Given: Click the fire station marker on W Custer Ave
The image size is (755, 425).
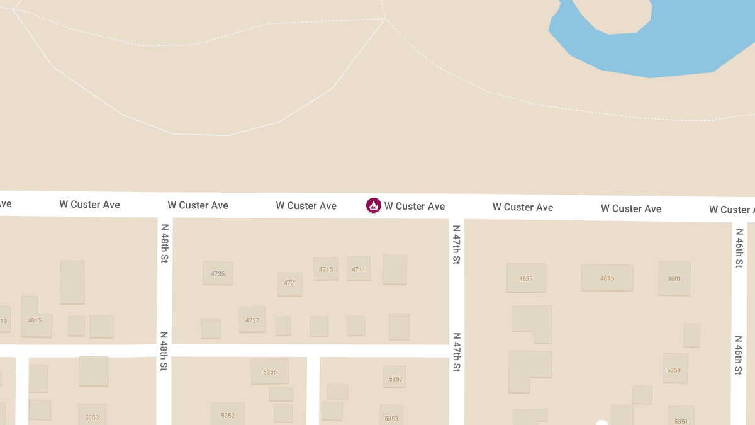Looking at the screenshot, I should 374,205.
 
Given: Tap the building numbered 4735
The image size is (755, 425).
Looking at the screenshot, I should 218,274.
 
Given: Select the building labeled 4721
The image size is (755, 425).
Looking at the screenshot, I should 290,283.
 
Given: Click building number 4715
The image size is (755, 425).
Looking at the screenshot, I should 326,269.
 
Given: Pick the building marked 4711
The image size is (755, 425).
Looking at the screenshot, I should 359,269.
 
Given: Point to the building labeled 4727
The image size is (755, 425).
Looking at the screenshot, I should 252,320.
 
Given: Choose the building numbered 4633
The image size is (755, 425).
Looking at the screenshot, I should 526,278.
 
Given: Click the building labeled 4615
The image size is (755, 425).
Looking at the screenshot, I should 607,278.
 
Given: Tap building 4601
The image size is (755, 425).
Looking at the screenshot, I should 674,278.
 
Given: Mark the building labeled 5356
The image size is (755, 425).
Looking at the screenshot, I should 270,371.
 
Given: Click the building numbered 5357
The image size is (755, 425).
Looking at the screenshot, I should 395,378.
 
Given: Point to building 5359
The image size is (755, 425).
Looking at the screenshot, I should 674,370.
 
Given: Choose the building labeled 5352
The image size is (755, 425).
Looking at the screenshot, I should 228,414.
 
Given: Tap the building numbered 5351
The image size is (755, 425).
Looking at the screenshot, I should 681,418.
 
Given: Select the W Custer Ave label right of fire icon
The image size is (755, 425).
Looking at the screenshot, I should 415,206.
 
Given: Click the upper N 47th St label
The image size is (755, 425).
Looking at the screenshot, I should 456,244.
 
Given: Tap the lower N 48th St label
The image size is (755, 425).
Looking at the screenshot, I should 164,351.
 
